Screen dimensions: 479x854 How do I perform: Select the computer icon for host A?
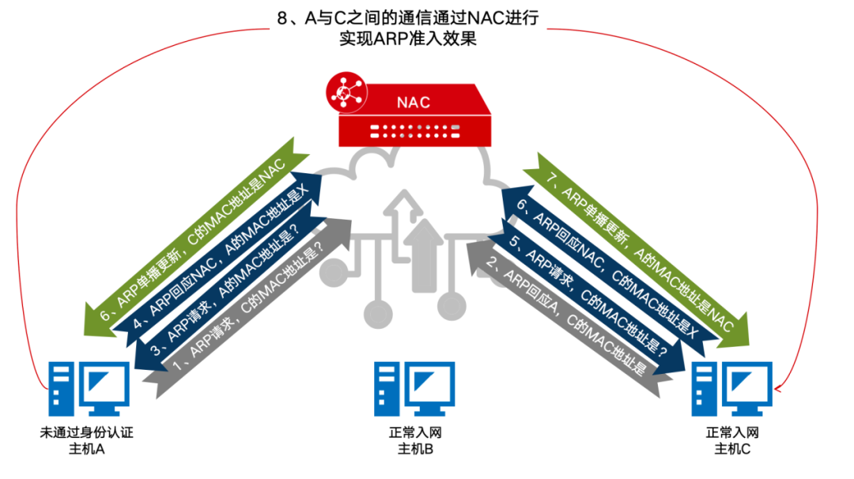click(87, 389)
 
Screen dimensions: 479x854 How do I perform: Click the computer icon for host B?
click(414, 389)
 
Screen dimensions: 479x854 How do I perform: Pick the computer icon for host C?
click(731, 389)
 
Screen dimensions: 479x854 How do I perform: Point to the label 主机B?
click(414, 449)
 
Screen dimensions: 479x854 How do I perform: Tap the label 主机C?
click(731, 449)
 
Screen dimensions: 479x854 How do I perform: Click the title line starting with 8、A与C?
click(407, 17)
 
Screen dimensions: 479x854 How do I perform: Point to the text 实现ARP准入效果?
click(407, 39)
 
